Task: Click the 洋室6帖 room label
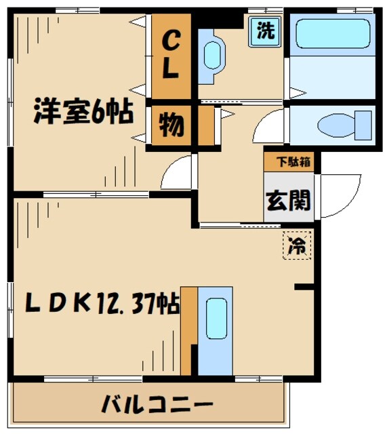[x=83, y=112]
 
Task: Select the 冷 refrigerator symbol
[x=295, y=246]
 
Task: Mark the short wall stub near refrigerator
[x=304, y=288]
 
